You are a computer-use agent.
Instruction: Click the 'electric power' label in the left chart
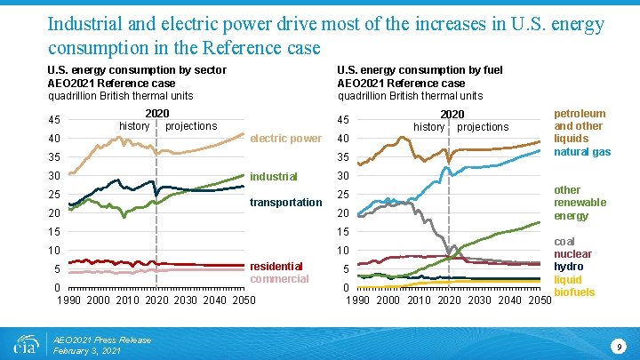[x=285, y=139]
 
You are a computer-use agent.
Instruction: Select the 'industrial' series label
[x=274, y=176]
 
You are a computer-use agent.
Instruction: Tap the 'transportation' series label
[x=285, y=203]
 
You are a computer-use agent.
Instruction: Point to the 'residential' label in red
[x=276, y=266]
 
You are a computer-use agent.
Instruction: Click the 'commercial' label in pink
[x=279, y=279]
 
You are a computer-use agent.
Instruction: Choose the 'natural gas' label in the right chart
[x=582, y=152]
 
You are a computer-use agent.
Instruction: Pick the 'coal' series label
[x=565, y=240]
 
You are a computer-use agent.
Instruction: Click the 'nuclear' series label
[x=573, y=253]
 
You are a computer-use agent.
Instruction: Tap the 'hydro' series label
[x=569, y=266]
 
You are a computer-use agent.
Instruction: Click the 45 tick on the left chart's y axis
[x=54, y=121]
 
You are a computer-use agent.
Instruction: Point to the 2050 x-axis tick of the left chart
[x=241, y=300]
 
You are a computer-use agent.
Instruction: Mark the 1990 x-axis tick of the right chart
[x=358, y=300]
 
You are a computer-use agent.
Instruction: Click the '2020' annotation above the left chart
[x=157, y=114]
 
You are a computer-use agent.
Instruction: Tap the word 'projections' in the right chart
[x=483, y=127]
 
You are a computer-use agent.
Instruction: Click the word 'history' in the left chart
[x=134, y=126]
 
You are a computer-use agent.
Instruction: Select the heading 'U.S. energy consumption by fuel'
[x=420, y=69]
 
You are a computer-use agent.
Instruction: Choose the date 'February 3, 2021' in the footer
[x=88, y=351]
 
